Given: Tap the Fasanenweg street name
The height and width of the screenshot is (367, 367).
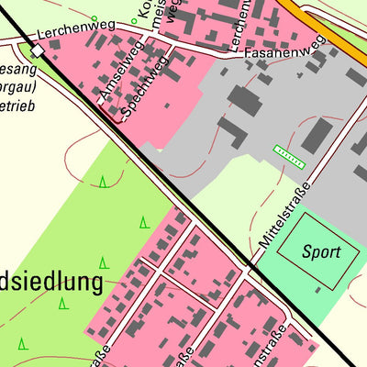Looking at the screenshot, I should coord(285,50).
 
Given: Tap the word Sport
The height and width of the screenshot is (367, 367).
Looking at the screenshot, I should coord(321,252).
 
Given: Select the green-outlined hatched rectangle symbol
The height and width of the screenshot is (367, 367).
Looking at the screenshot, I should coord(289,157).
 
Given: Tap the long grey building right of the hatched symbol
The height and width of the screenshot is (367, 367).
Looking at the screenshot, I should coord(317,136).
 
